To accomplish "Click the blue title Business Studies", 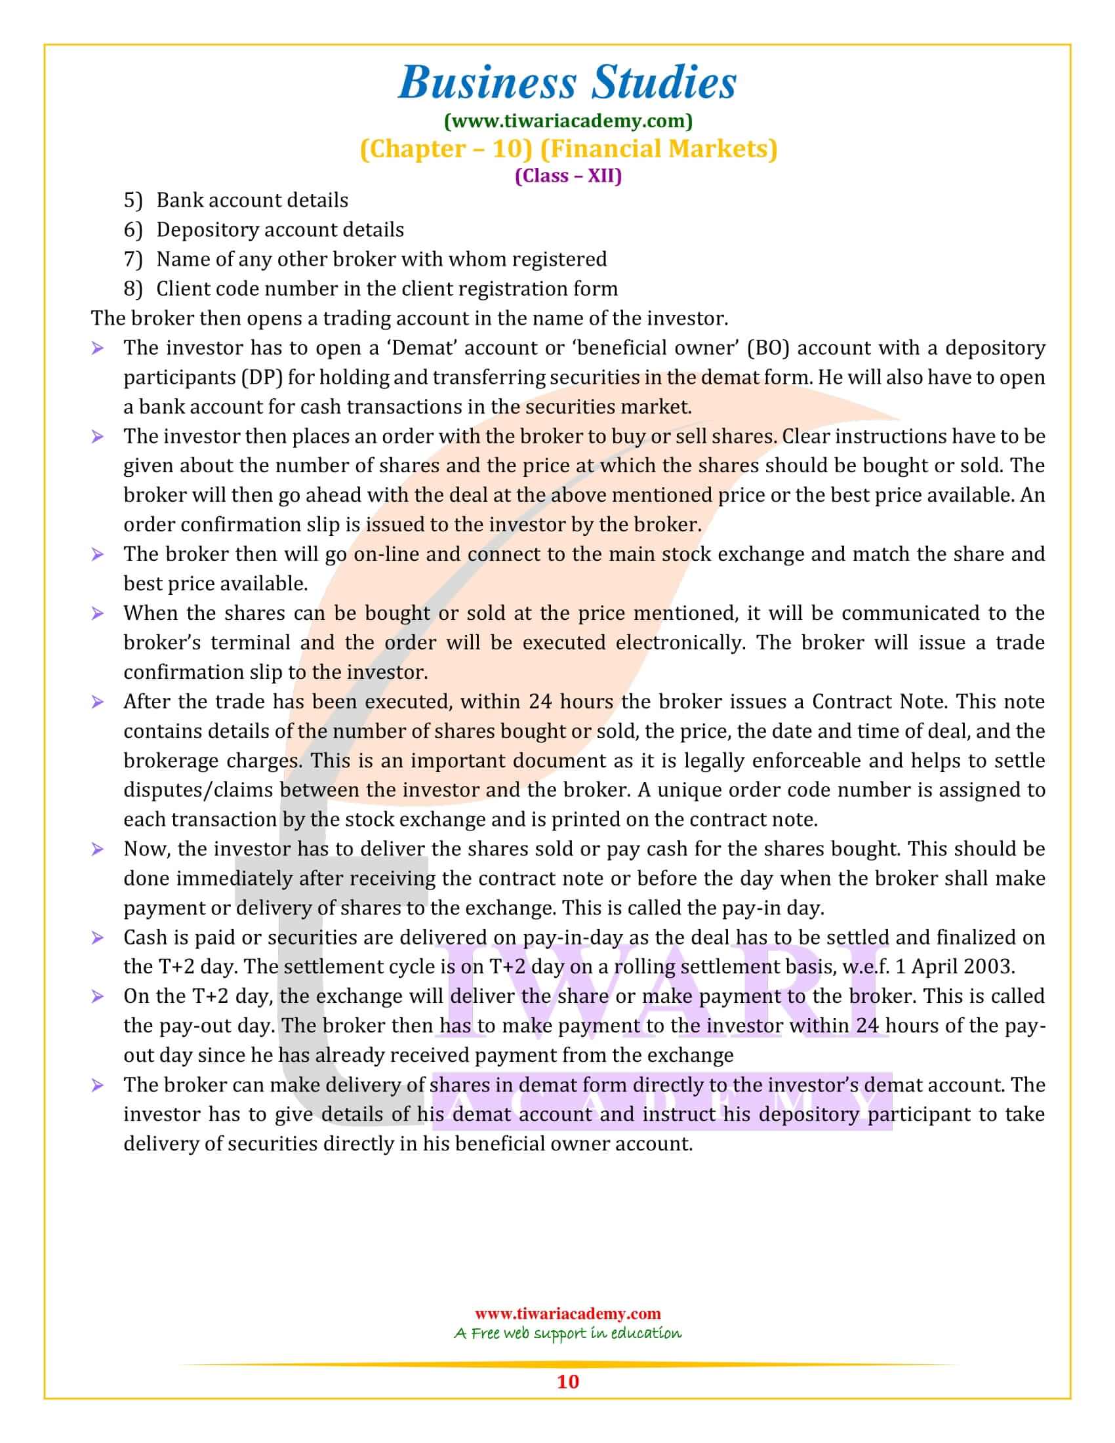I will coord(567,83).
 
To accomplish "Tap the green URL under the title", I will coord(568,121).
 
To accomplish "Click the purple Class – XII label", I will coord(568,176).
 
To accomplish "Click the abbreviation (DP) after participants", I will coord(263,377).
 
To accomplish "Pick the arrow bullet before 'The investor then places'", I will coord(97,437).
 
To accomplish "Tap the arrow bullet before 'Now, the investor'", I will coord(97,849).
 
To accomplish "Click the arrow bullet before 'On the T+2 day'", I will coord(97,997).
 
